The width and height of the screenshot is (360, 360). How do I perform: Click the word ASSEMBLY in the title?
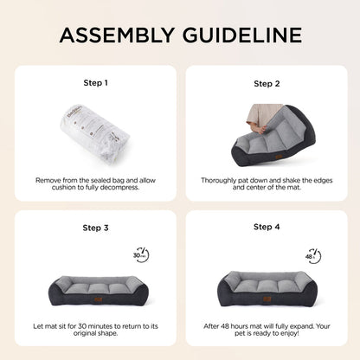(117, 35)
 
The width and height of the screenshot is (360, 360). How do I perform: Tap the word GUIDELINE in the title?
(242, 35)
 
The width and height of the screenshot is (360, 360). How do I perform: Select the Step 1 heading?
(95, 83)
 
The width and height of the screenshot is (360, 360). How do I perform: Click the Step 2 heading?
(267, 84)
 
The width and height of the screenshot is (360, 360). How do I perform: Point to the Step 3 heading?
(95, 228)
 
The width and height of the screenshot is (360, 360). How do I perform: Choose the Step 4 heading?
(267, 227)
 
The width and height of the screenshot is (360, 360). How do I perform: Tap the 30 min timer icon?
(141, 255)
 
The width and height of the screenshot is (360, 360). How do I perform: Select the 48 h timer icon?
(313, 256)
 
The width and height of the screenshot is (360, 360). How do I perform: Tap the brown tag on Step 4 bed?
(267, 299)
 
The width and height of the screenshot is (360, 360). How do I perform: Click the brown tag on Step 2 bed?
(279, 157)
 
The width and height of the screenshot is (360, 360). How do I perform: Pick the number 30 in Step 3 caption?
(82, 326)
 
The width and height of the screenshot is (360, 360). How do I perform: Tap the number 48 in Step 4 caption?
(225, 326)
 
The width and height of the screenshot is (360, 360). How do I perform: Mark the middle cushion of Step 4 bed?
(267, 285)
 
